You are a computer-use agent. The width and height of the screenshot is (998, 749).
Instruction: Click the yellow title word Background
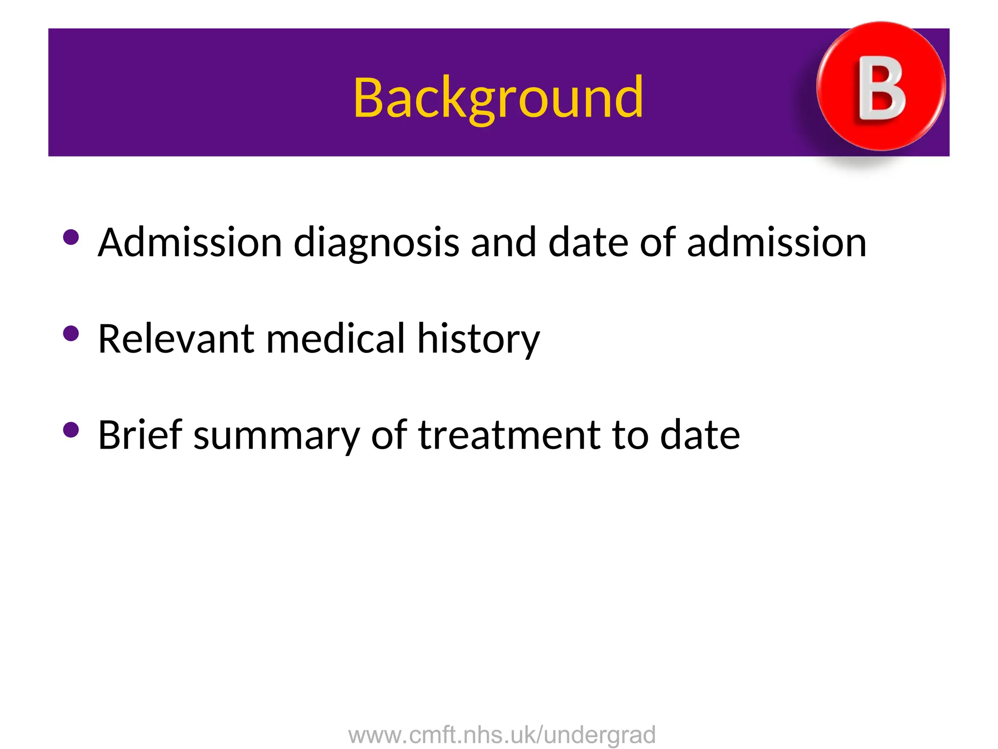point(498,99)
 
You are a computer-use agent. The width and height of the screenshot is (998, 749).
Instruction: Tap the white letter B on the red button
point(882,88)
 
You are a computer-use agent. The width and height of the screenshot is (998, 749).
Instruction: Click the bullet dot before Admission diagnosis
point(71,237)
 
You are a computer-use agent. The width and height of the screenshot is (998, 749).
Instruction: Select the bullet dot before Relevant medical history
point(71,334)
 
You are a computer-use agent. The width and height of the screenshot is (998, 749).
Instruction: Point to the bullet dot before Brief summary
point(71,430)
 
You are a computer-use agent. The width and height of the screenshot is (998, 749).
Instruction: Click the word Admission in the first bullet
point(190,242)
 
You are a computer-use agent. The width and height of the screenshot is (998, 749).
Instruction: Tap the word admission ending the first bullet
point(777,242)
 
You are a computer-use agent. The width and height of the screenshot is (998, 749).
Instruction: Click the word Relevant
point(175,339)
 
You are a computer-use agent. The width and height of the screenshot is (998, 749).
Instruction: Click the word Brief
point(140,434)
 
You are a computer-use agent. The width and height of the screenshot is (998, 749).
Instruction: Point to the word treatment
point(509,435)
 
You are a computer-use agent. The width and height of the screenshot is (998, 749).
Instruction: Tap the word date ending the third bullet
point(700,435)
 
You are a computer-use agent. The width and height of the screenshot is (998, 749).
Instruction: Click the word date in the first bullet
point(588,242)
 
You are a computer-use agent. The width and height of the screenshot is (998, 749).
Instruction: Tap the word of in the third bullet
point(388,434)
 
